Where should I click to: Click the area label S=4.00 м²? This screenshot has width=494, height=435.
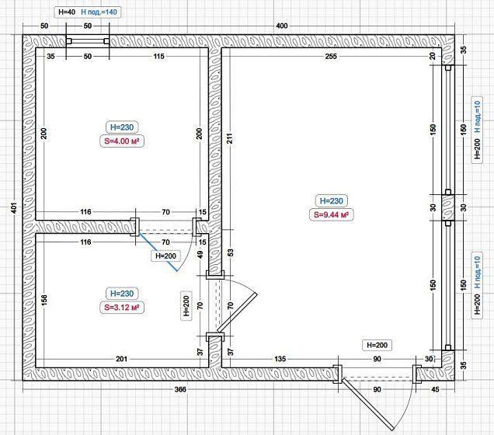122,141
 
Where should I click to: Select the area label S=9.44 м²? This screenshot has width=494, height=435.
331,214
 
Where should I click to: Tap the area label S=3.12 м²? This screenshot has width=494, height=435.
122,307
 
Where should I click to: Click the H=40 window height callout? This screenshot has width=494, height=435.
67,12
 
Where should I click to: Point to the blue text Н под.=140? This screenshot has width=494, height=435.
99,12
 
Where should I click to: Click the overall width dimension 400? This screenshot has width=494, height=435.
282,26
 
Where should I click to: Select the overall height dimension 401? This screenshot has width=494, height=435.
14,207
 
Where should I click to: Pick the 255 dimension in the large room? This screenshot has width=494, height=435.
331,57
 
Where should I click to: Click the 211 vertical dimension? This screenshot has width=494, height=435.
230,138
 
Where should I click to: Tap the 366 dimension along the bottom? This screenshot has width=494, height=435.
180,389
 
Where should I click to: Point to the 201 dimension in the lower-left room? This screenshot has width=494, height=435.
122,359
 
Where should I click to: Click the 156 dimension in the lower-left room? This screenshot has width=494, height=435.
44,300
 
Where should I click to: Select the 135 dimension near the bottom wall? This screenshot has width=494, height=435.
280,359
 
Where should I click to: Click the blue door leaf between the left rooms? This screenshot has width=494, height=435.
157,252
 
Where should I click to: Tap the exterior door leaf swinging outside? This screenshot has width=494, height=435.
367,405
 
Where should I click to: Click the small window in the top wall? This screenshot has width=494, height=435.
88,41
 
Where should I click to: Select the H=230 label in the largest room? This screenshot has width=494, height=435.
331,200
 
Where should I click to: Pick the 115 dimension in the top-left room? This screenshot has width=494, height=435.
158,56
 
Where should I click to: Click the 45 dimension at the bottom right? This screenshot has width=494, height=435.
435,389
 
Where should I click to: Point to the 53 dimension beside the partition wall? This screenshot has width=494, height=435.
231,252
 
